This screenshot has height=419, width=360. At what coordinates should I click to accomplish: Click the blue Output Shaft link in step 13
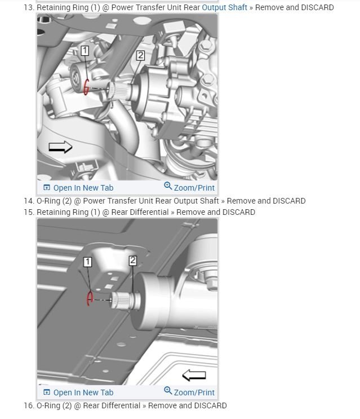(x=224, y=7)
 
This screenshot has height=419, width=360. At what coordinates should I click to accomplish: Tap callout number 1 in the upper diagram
(x=85, y=51)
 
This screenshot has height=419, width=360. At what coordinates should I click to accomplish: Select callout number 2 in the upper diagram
(x=140, y=55)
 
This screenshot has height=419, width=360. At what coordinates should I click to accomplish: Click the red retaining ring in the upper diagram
(x=86, y=87)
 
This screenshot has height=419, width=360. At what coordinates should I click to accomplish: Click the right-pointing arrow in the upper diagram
(x=60, y=147)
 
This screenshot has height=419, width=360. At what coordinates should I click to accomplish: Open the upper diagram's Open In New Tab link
(x=78, y=188)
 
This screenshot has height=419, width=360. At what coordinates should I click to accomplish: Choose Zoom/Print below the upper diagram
(x=189, y=187)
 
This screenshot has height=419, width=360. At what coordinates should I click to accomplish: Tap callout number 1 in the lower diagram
(x=87, y=262)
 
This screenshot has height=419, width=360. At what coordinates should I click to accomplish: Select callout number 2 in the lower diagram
(x=132, y=261)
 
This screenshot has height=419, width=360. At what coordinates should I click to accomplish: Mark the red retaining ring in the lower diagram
(x=89, y=299)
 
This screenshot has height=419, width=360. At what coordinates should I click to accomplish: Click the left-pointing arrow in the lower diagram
(x=194, y=375)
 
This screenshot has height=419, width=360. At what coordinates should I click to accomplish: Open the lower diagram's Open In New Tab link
(x=78, y=392)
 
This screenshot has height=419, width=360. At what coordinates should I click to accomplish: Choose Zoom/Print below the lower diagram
(x=189, y=392)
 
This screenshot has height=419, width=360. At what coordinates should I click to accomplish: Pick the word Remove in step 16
(x=163, y=405)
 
